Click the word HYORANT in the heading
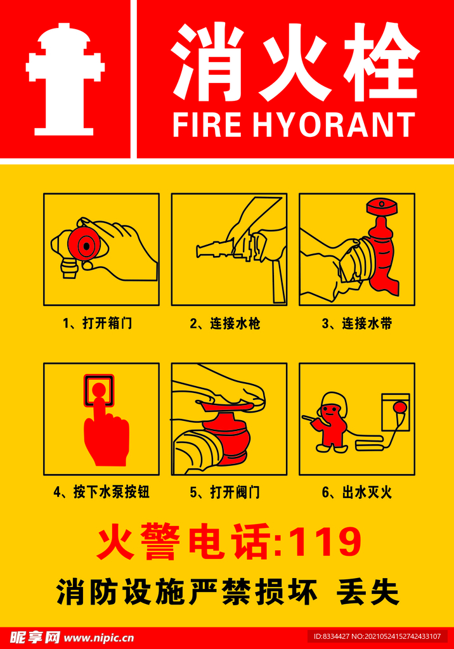(334, 125)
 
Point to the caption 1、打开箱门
(98, 323)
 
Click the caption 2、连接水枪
(225, 323)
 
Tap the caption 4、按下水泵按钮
(101, 492)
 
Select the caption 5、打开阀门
(225, 492)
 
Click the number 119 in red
(328, 543)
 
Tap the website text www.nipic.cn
(98, 638)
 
